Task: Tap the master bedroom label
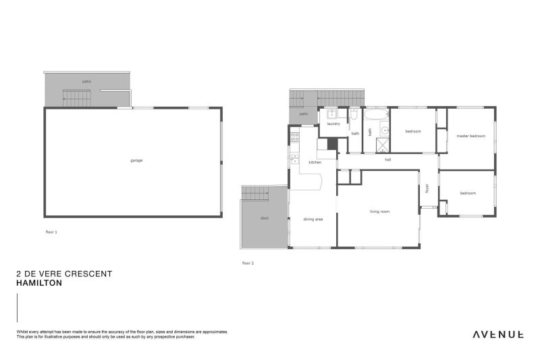click(x=470, y=136)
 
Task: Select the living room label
click(x=379, y=212)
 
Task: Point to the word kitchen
click(x=315, y=163)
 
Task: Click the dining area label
click(x=313, y=219)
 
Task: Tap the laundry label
click(x=333, y=124)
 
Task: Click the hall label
click(x=387, y=160)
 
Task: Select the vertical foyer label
click(x=427, y=188)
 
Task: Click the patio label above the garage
click(x=86, y=82)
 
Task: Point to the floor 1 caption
click(x=51, y=232)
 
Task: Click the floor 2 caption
click(x=248, y=263)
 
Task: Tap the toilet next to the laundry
click(x=354, y=118)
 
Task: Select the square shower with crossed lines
click(x=383, y=145)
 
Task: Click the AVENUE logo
click(x=497, y=334)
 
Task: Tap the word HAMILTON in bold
click(x=39, y=284)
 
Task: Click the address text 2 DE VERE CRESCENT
click(x=64, y=274)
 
